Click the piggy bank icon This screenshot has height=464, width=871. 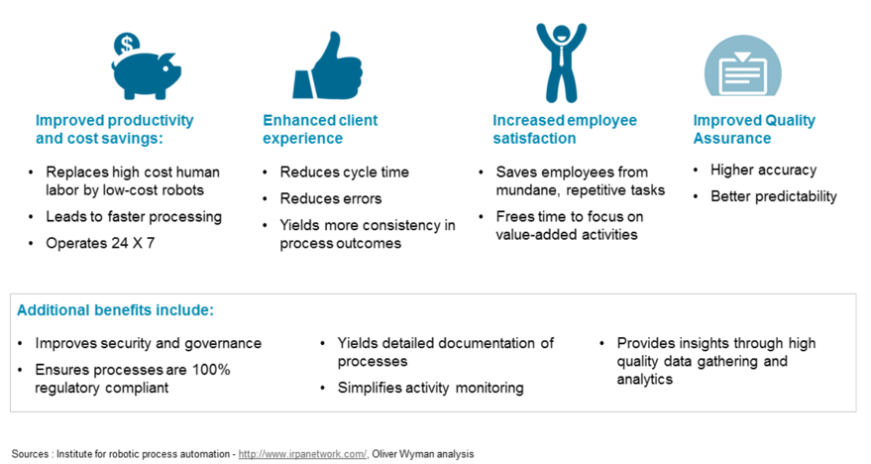[147, 75]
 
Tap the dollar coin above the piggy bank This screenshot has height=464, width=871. [127, 45]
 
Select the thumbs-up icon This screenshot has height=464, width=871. [328, 66]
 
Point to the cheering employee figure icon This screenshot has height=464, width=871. [561, 62]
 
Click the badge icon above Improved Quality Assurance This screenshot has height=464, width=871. [743, 65]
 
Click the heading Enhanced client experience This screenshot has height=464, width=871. [320, 129]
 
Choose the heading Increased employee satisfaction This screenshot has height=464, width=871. [565, 129]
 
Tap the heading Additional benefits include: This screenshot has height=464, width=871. [115, 310]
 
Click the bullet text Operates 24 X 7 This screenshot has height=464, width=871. [100, 243]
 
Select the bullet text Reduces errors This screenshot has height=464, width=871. [331, 199]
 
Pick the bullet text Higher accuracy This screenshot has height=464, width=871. [763, 171]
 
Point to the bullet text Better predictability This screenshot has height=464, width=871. [773, 196]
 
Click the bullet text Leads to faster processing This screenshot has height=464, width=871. [134, 217]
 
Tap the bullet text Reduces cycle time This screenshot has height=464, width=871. [345, 173]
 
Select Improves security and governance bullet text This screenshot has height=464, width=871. [148, 343]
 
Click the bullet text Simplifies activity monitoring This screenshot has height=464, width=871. [430, 388]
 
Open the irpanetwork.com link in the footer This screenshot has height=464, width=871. [302, 454]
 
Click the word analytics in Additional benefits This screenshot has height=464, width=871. [644, 380]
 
